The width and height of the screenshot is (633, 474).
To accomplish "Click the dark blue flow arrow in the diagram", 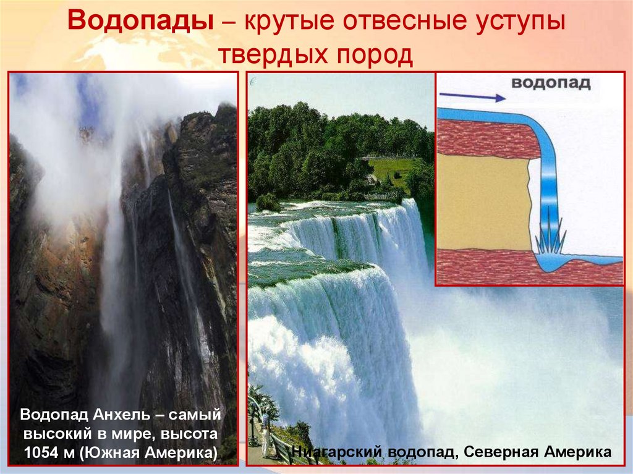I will click(471, 96).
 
